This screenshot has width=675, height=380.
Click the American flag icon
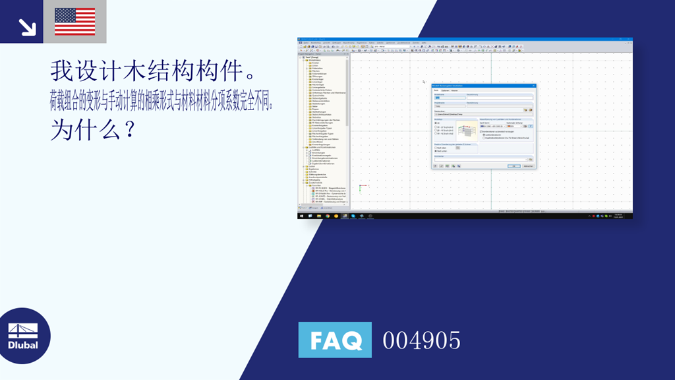[x=74, y=21]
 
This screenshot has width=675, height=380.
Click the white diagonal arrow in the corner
[x=27, y=26]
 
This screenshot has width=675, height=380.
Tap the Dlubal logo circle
[x=25, y=336]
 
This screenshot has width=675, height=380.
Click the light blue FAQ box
[x=335, y=340]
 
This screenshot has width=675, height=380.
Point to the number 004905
[x=422, y=340]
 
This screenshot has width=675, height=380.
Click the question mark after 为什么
[x=131, y=127]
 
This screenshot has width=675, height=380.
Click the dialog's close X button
[x=534, y=86]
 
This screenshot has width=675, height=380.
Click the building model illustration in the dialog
[x=467, y=129]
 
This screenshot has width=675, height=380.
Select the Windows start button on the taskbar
[x=301, y=216]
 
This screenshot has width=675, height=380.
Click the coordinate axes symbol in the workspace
[x=360, y=188]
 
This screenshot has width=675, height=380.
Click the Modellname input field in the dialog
[x=448, y=98]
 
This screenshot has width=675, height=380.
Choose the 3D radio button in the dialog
[x=436, y=123]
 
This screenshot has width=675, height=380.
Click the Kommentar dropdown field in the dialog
[x=482, y=159]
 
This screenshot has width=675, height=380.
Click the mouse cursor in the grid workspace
[x=424, y=82]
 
